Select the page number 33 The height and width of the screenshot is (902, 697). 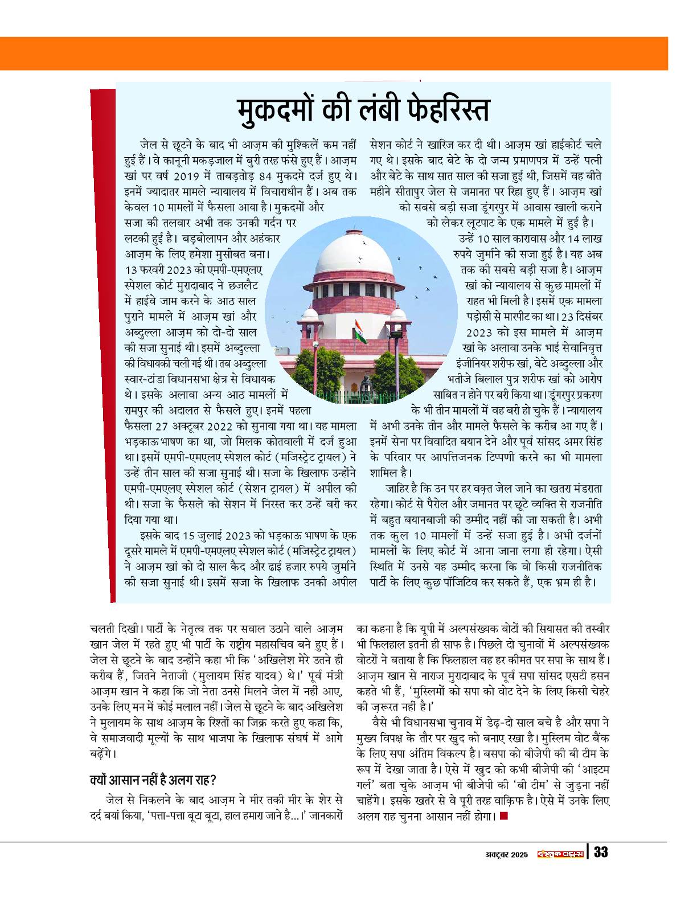[601, 852]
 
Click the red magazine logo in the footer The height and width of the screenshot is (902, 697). [561, 853]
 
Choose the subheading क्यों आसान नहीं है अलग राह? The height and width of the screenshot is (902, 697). [153, 779]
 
